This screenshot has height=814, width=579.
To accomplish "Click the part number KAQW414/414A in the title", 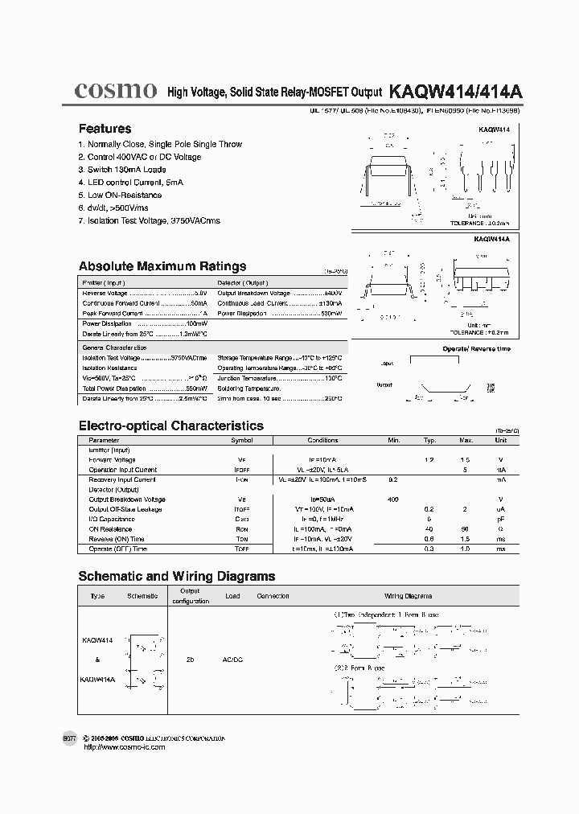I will (x=456, y=92).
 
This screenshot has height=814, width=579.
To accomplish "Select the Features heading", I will (x=105, y=129).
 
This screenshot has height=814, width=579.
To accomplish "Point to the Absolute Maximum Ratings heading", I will (x=162, y=266).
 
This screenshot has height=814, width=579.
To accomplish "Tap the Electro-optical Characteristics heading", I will (x=170, y=425).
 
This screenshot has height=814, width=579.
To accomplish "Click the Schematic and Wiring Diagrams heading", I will (x=176, y=576).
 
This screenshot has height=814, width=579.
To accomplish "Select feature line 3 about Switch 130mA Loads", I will (x=122, y=170).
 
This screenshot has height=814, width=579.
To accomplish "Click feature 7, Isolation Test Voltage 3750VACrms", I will (x=149, y=220).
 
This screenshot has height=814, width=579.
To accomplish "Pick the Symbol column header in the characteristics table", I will (x=242, y=441).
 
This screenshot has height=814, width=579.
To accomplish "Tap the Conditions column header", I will (x=323, y=441).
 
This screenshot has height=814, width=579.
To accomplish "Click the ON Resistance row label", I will (x=110, y=529).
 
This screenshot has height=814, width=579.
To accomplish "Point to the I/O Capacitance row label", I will (x=112, y=520).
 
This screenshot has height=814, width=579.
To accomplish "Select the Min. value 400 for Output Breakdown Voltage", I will (x=392, y=499).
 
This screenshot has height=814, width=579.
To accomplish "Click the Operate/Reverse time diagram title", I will (x=476, y=349).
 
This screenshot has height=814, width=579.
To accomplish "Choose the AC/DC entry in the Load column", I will (x=232, y=658).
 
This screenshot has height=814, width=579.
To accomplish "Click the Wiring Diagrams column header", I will (x=408, y=596).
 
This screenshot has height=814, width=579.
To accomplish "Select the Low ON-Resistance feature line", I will (x=120, y=195).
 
